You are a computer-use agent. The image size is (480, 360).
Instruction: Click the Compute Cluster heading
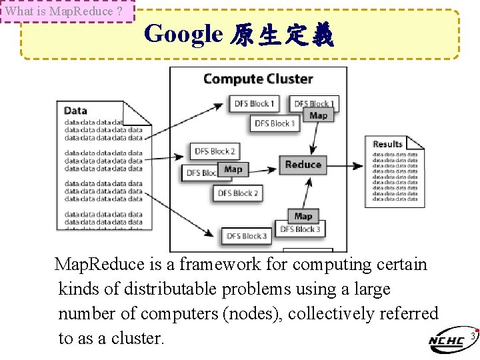coord(257,79)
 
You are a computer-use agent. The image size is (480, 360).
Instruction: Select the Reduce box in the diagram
coord(303,165)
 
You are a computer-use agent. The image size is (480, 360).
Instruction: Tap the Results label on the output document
coord(387,143)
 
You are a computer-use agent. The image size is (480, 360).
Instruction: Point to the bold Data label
coord(75,111)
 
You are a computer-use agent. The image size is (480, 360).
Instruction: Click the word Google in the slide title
coord(183,33)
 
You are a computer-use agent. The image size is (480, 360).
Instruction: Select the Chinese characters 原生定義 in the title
coord(281,35)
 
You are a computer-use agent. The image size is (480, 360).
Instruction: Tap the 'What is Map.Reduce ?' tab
coord(67,11)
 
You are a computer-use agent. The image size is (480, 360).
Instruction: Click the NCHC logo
coord(447,341)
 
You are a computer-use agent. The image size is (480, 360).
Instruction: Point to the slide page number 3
coord(472,336)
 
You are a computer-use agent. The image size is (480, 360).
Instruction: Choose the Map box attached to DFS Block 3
coord(303,216)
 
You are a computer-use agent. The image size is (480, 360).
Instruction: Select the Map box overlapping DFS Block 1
coord(318,115)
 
